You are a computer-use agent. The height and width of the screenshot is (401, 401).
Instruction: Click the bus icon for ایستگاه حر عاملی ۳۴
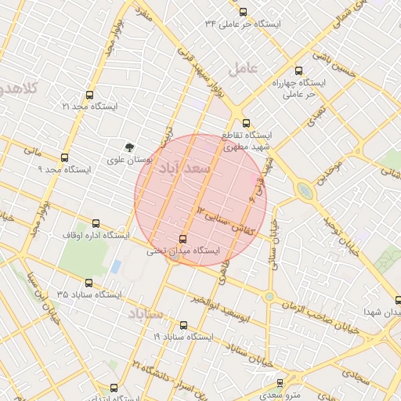(x=243, y=12)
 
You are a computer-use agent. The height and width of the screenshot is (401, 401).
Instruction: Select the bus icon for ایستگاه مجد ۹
(x=64, y=157)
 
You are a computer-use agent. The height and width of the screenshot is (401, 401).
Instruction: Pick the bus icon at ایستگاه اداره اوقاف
(x=96, y=223)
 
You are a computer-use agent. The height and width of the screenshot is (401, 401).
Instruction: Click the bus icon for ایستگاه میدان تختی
(x=183, y=239)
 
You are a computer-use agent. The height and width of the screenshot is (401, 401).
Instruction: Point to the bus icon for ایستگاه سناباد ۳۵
(x=86, y=283)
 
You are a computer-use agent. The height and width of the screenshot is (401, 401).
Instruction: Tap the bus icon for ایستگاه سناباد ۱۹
(x=183, y=324)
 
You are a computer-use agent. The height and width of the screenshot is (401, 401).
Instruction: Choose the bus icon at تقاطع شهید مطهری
(x=247, y=123)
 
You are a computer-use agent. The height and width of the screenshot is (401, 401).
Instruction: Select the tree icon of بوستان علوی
(x=130, y=146)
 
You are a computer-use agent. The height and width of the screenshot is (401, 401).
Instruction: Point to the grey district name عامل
(x=243, y=69)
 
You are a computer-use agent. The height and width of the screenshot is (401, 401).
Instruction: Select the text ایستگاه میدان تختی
(x=183, y=251)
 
